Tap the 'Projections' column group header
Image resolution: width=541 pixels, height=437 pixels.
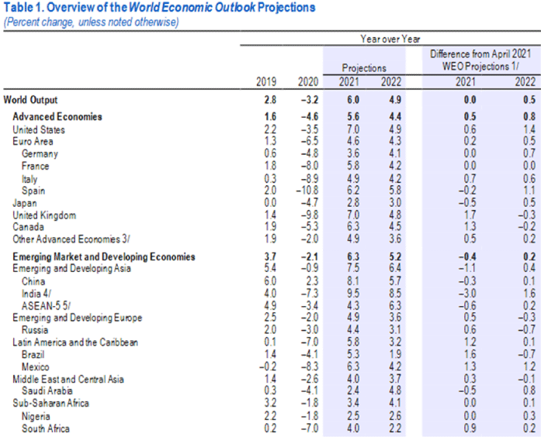(x=364, y=68)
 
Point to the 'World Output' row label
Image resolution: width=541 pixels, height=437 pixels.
(x=30, y=100)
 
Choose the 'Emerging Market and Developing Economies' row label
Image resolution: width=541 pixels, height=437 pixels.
(x=104, y=257)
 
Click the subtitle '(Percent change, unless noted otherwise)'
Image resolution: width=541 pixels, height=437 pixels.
(x=91, y=21)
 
